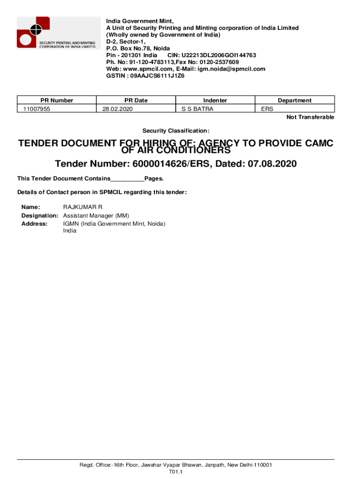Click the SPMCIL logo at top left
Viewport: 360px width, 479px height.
[x=57, y=33]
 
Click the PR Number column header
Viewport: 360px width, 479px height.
[x=57, y=100]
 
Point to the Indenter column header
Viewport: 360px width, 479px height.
[x=215, y=100]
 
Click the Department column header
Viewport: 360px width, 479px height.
[x=295, y=100]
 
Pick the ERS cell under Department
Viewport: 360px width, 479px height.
[x=267, y=109]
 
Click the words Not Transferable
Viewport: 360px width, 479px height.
[x=310, y=117]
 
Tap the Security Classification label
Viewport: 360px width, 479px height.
[x=176, y=131]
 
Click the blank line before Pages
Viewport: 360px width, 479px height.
[x=127, y=179]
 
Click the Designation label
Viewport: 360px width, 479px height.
[x=40, y=216]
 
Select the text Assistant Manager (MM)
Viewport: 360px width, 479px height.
[x=96, y=216]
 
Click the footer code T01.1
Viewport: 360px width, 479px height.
[x=175, y=472]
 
